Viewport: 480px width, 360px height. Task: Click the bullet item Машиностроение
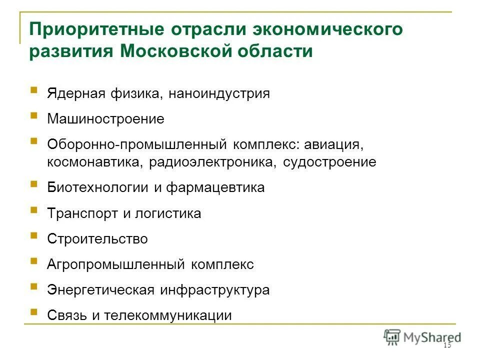click(105, 119)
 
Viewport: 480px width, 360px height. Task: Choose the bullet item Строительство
click(97, 239)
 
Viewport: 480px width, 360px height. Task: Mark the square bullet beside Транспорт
click(34, 210)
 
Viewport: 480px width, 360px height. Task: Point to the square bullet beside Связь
click(34, 312)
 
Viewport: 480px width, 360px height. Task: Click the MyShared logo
click(422, 336)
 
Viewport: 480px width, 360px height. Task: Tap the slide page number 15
click(446, 346)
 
